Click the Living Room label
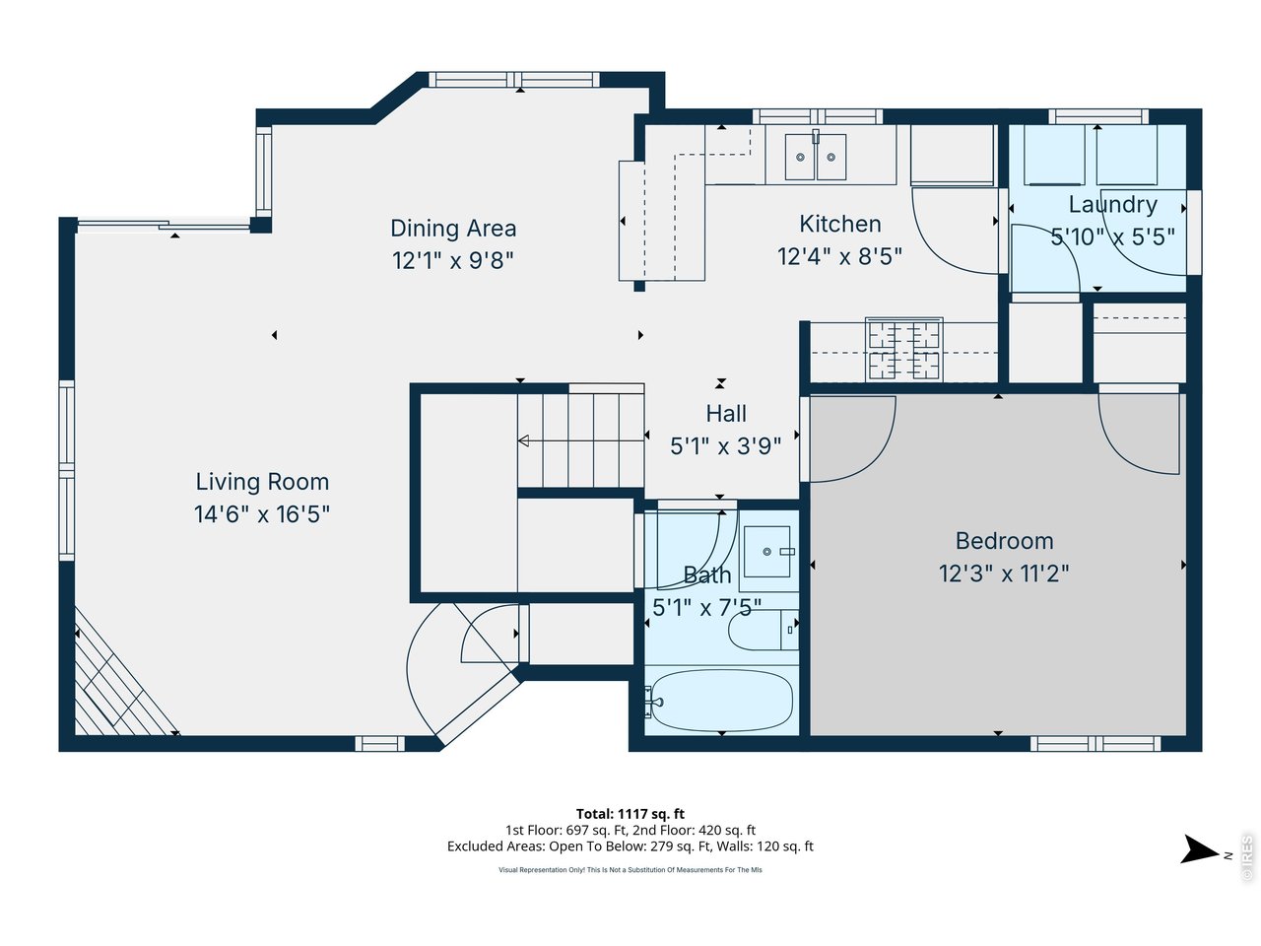tap(262, 482)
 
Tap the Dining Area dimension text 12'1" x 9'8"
tap(453, 261)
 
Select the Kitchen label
tap(840, 224)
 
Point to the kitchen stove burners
tap(903, 349)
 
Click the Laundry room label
tap(1112, 205)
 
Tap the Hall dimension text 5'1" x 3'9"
tap(726, 445)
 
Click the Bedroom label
tap(1004, 541)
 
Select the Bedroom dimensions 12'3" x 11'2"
tap(1004, 574)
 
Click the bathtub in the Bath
tap(722, 701)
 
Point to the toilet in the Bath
tap(763, 630)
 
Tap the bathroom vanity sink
tap(766, 552)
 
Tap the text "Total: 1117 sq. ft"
tap(630, 814)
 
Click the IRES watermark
tap(1246, 858)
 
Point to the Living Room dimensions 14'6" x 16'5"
tap(262, 514)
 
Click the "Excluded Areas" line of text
tap(630, 846)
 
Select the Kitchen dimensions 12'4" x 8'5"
tap(839, 256)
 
